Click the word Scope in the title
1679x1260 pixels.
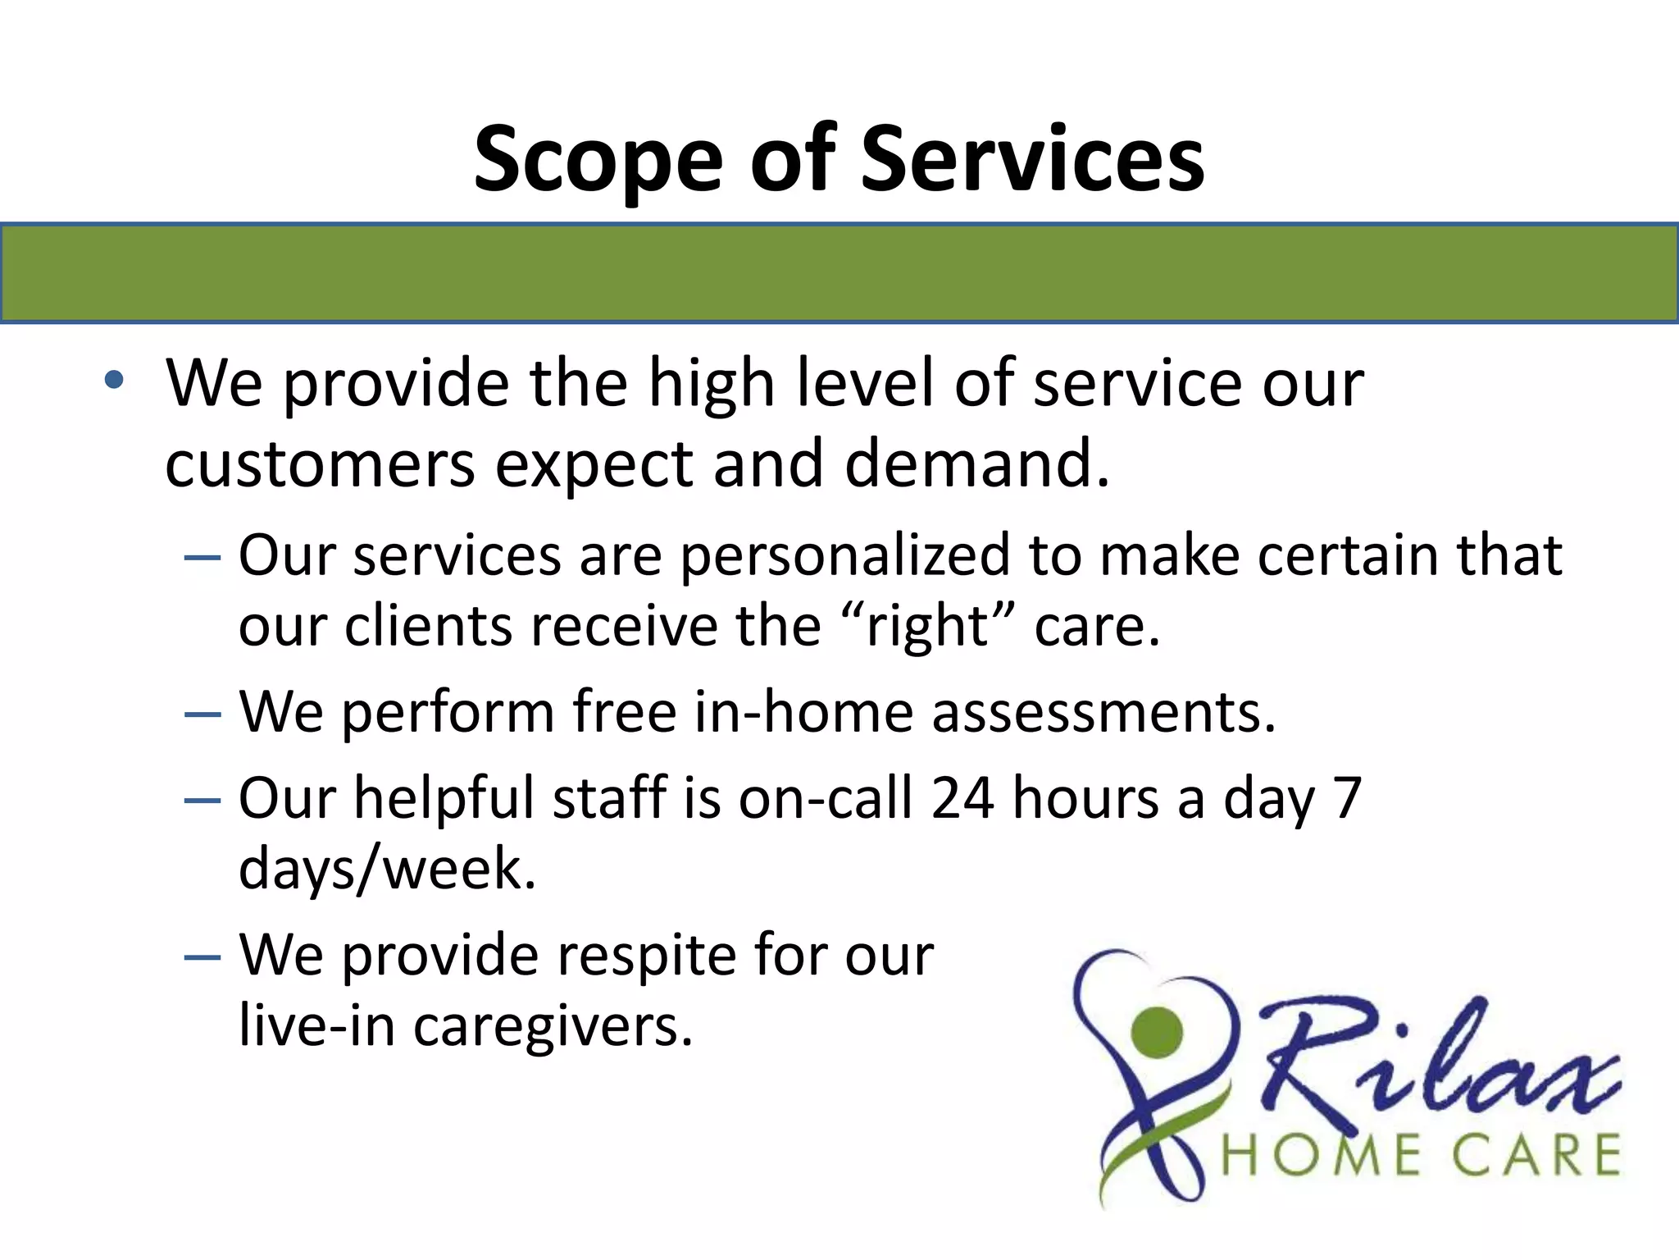(598, 160)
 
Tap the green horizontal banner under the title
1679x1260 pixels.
(839, 273)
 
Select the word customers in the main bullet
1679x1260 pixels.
(320, 464)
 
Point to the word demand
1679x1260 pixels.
(976, 464)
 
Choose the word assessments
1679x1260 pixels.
(1103, 712)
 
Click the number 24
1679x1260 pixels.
(962, 797)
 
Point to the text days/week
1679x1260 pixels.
(387, 870)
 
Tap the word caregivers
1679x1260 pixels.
(552, 1027)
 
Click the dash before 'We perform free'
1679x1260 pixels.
(202, 714)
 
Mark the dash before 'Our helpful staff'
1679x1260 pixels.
(202, 799)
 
